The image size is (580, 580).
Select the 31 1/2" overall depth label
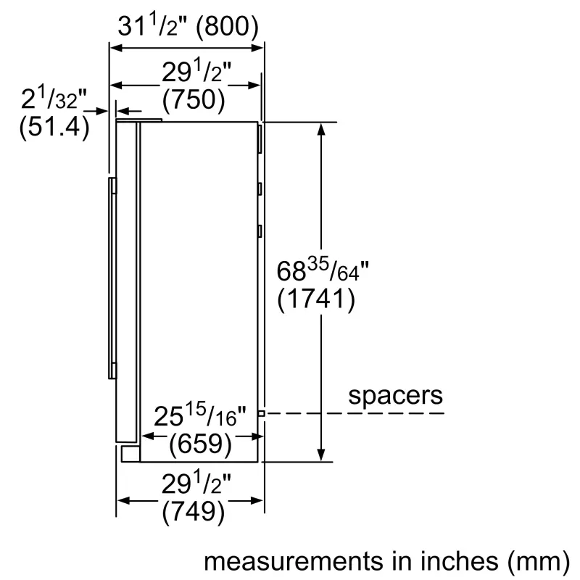click(150, 26)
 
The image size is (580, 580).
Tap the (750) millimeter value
click(193, 99)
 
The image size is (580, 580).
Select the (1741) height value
click(317, 298)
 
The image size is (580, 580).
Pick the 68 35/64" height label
click(323, 271)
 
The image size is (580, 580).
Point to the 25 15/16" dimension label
click(201, 417)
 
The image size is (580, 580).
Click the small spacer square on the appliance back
click(261, 413)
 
